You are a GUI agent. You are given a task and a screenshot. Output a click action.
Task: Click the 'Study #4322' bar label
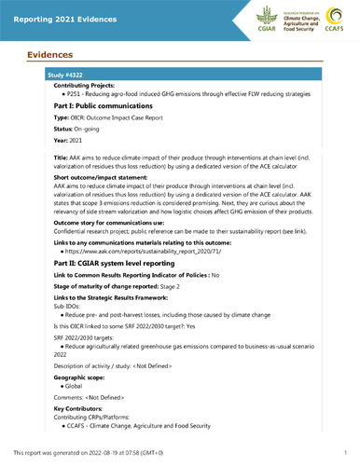click(55, 73)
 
